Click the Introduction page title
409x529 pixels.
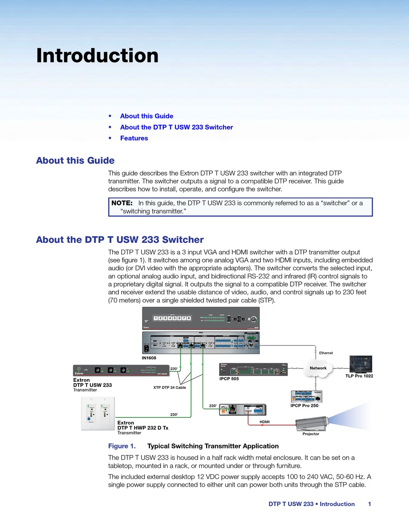click(x=97, y=56)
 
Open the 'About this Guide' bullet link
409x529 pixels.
click(x=146, y=116)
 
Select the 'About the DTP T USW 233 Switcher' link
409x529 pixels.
click(x=177, y=127)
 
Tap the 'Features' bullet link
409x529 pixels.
click(x=134, y=138)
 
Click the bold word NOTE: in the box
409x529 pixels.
click(x=122, y=203)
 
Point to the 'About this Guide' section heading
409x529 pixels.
click(x=75, y=161)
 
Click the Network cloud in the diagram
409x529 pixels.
click(x=318, y=368)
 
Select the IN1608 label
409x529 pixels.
click(x=149, y=358)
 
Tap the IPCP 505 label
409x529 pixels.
click(x=229, y=379)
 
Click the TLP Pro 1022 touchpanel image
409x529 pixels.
click(x=360, y=364)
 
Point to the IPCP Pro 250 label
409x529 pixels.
click(x=304, y=405)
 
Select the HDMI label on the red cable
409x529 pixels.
click(x=265, y=422)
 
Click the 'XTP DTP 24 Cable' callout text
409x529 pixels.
click(x=170, y=387)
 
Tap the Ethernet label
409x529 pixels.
click(x=326, y=353)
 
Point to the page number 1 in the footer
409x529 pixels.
click(x=369, y=504)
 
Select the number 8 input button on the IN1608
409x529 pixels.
click(x=189, y=318)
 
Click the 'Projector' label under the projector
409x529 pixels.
click(x=311, y=434)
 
